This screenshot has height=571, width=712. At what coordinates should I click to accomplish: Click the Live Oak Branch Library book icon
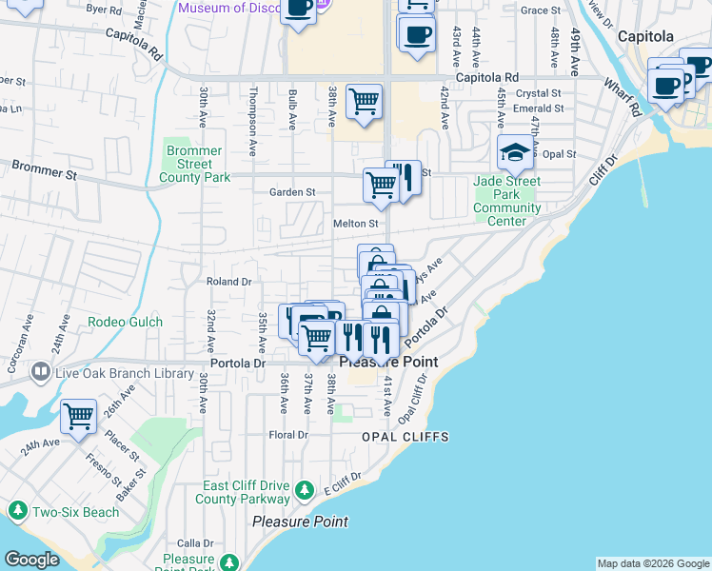(41, 371)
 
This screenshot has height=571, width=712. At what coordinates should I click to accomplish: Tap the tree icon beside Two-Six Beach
(17, 511)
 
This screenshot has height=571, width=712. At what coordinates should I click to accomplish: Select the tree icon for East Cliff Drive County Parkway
(304, 491)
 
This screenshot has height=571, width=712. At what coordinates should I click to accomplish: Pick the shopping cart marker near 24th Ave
(78, 416)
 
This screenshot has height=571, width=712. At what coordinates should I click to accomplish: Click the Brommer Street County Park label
(195, 164)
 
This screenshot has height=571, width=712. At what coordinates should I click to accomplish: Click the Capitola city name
(645, 36)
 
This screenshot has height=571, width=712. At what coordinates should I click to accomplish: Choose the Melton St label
(356, 224)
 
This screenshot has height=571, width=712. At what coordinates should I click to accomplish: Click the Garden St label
(292, 192)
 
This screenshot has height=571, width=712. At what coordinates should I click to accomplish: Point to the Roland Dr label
(228, 282)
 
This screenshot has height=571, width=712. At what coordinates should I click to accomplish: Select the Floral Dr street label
(289, 435)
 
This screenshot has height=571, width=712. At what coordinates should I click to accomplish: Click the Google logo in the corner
(31, 560)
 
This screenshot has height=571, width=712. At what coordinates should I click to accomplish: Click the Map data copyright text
(652, 563)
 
